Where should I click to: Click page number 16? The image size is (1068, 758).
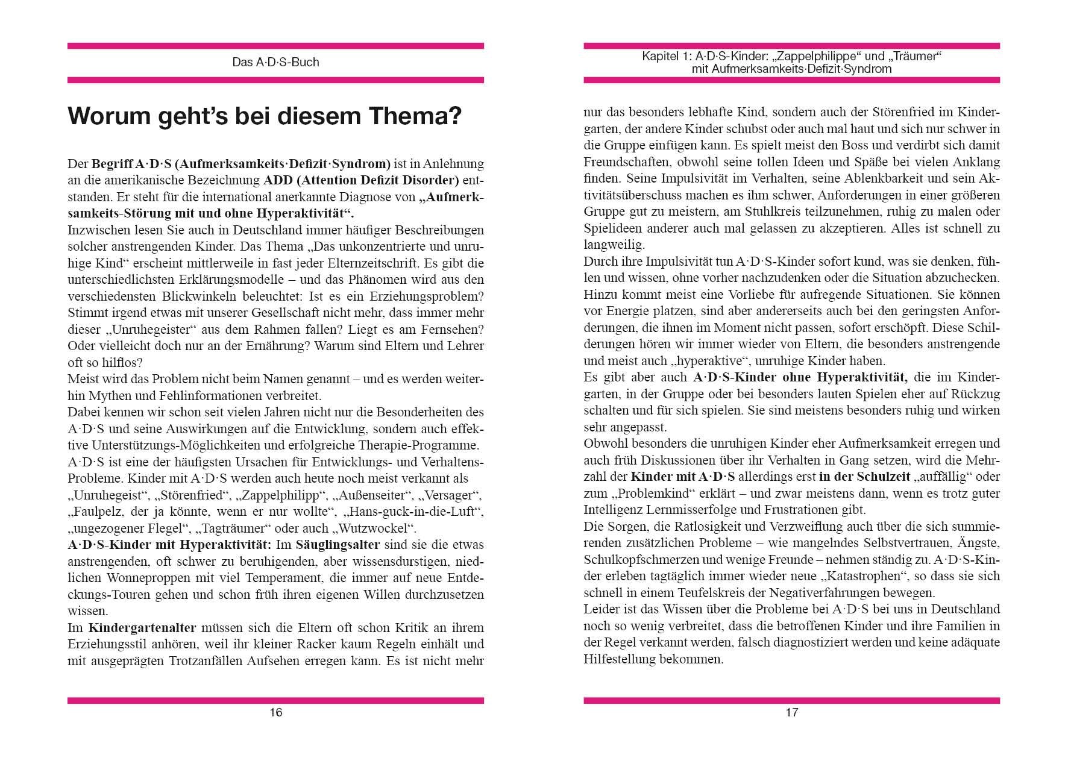pyautogui.click(x=275, y=713)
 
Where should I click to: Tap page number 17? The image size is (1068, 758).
pyautogui.click(x=791, y=713)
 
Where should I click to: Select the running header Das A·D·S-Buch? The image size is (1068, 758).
pyautogui.click(x=275, y=62)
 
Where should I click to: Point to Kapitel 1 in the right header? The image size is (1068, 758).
pyautogui.click(x=666, y=57)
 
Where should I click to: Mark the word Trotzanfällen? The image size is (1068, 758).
pyautogui.click(x=205, y=660)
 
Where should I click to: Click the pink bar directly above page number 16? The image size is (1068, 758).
pyautogui.click(x=275, y=700)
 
